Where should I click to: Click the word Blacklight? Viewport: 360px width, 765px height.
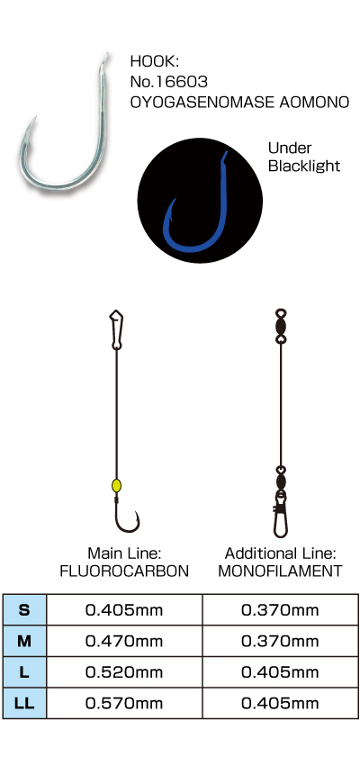click(x=304, y=166)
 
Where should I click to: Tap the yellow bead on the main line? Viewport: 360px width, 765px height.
click(x=116, y=485)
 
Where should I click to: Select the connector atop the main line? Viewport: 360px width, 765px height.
click(x=116, y=329)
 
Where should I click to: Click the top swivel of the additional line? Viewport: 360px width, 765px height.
click(x=281, y=326)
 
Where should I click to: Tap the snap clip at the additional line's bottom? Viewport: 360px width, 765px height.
click(x=280, y=514)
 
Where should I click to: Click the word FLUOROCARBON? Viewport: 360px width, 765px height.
click(x=124, y=571)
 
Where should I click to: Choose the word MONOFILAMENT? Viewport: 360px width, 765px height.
click(x=280, y=571)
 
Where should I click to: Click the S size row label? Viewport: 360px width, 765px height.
click(x=24, y=610)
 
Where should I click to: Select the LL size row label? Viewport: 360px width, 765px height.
click(x=24, y=703)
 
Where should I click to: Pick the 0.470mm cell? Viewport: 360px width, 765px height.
click(x=124, y=641)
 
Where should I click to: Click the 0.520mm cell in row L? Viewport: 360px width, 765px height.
click(x=124, y=672)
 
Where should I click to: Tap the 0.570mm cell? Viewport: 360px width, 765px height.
click(x=124, y=703)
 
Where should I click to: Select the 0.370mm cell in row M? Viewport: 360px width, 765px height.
click(x=280, y=641)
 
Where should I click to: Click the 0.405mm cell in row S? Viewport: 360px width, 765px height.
click(x=124, y=610)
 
